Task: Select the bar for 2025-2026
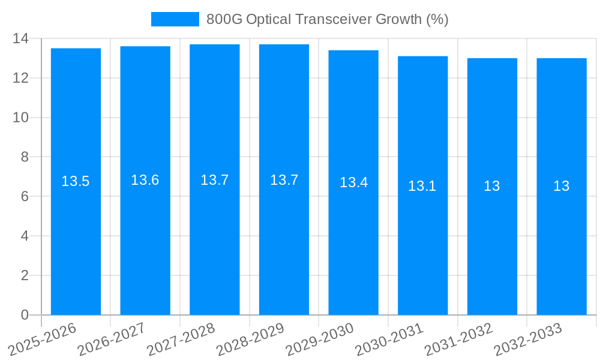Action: [76, 240]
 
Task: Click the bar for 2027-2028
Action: [215, 240]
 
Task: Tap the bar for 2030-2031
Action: [422, 240]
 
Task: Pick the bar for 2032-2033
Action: [562, 240]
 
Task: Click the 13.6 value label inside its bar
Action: [145, 180]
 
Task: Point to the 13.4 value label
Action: [353, 182]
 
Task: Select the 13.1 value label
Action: [422, 186]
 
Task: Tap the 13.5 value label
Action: [76, 181]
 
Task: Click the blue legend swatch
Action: [175, 19]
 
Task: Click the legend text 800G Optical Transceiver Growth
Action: [327, 19]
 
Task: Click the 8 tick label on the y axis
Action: [25, 157]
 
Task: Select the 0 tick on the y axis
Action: [25, 315]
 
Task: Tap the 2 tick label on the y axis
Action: [25, 275]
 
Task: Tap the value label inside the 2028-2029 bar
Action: [284, 180]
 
